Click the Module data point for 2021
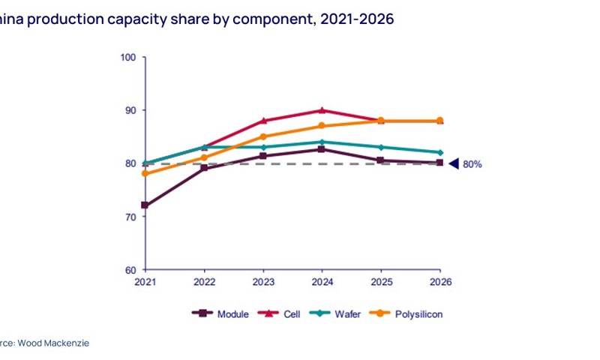coord(145,205)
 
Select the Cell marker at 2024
coord(322,110)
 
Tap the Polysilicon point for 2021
coord(145,173)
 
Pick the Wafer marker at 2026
coord(439,152)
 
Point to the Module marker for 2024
coord(322,149)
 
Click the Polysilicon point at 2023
coord(263,136)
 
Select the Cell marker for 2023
coord(263,121)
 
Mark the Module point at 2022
coord(204,168)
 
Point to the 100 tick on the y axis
coord(127,57)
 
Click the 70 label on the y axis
coord(130,217)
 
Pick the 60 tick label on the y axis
coord(130,270)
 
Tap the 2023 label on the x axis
coord(263,283)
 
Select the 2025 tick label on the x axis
coord(381,283)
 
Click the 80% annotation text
coord(472,163)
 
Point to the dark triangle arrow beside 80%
coord(454,163)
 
